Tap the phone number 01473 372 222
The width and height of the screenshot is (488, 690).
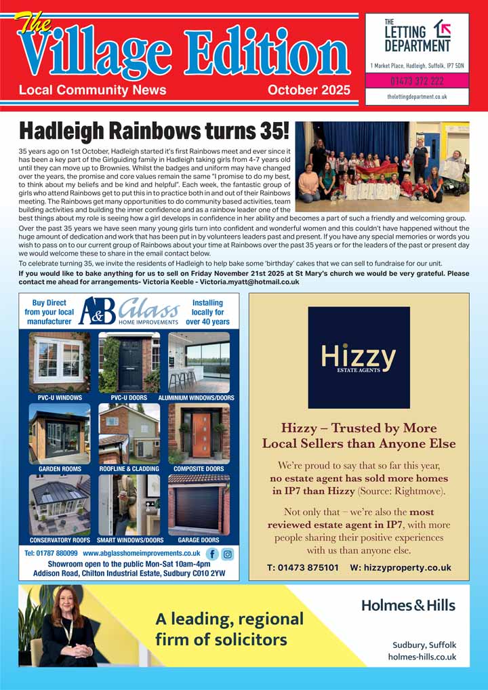tap(417, 81)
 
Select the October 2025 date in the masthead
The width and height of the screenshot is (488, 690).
tap(308, 90)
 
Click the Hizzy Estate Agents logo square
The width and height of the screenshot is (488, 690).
tap(359, 357)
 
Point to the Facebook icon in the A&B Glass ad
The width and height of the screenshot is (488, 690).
tap(212, 554)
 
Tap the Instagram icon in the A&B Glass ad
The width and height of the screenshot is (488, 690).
tap(228, 554)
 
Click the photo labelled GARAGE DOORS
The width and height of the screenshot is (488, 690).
tap(199, 504)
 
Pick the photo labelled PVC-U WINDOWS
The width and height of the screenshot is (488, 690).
tap(60, 362)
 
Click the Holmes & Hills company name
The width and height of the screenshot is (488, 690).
tap(408, 605)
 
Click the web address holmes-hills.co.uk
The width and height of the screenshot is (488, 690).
tap(422, 657)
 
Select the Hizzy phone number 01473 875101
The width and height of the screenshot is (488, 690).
tap(303, 568)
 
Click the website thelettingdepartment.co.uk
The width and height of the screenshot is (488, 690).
tap(417, 97)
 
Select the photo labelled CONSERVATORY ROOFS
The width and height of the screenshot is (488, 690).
tap(60, 504)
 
